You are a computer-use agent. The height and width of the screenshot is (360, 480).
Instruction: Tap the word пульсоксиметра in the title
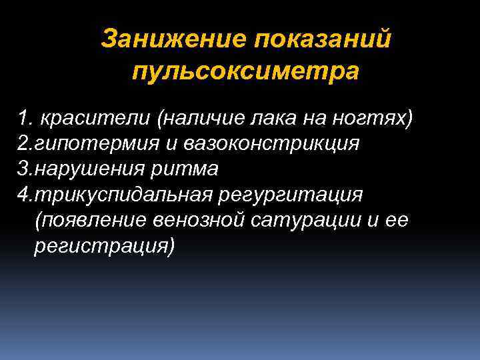245,70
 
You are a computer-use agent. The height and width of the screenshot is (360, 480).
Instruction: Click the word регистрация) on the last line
103,246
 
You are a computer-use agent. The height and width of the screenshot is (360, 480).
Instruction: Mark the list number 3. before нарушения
26,169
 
